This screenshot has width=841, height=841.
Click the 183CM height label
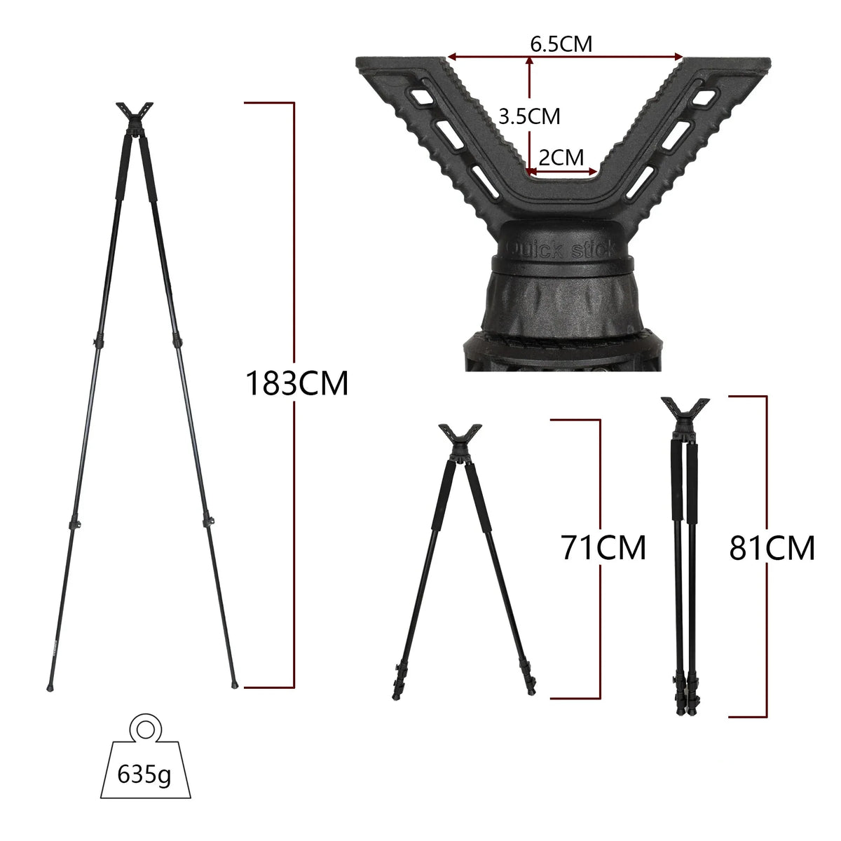coord(296,383)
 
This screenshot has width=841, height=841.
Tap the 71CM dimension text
coord(603,548)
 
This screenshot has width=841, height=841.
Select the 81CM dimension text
coord(772,548)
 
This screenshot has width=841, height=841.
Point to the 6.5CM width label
coord(561,43)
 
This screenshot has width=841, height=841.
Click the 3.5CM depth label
coord(529,116)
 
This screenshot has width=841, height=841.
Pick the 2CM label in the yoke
coord(561,158)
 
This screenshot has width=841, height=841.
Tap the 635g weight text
coord(144,774)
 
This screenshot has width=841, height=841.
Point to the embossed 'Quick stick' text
coord(560,249)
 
